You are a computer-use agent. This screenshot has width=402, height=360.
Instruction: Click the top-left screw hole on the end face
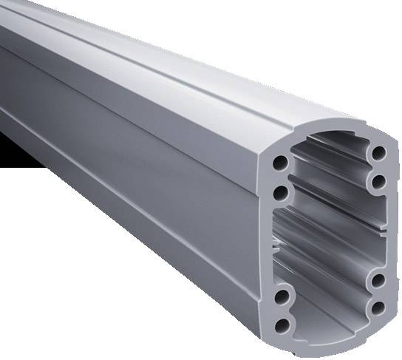point(281,163)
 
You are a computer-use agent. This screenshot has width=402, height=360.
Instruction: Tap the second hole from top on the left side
point(280,193)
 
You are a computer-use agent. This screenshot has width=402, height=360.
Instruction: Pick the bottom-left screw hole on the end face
point(281,325)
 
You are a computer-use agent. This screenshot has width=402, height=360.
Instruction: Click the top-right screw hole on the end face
point(378,152)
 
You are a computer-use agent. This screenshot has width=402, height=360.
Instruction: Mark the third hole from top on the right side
point(378,279)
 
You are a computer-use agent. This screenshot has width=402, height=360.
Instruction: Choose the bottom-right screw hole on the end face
point(378,306)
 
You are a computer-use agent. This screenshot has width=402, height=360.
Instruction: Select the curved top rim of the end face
point(325,132)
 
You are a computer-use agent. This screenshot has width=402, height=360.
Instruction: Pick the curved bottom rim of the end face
point(333,346)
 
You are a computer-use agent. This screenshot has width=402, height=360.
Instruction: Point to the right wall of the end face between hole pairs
point(387,229)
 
